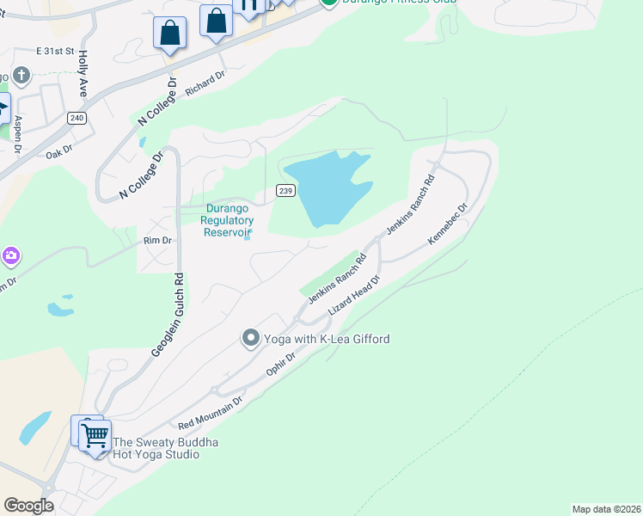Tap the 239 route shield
click(286, 190)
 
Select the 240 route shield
click(77, 118)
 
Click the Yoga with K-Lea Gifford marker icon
click(250, 338)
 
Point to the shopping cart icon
click(95, 435)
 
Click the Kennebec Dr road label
click(448, 224)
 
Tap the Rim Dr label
click(159, 242)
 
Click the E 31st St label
click(57, 52)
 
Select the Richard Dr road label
click(205, 82)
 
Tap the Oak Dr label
click(58, 156)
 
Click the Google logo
click(28, 506)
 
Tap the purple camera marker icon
click(10, 256)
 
